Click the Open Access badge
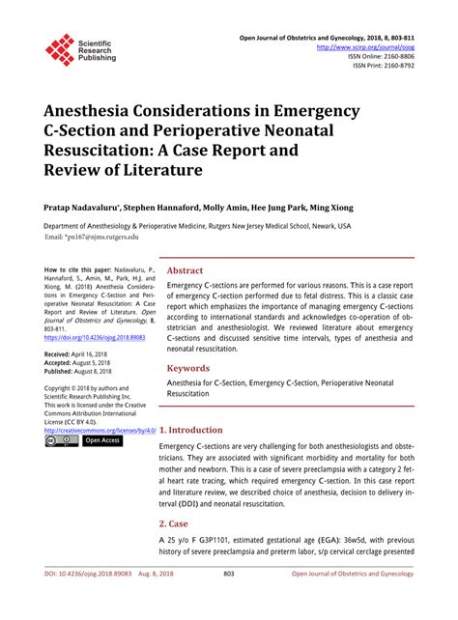point(101,440)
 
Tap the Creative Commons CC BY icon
point(63,440)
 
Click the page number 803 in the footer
point(229,600)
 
